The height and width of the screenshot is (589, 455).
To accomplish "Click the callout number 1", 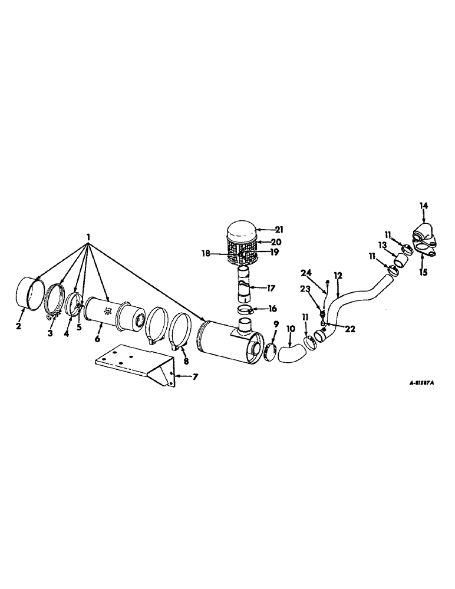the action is (x=88, y=237).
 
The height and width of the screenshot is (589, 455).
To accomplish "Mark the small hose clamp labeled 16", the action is (x=245, y=310).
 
